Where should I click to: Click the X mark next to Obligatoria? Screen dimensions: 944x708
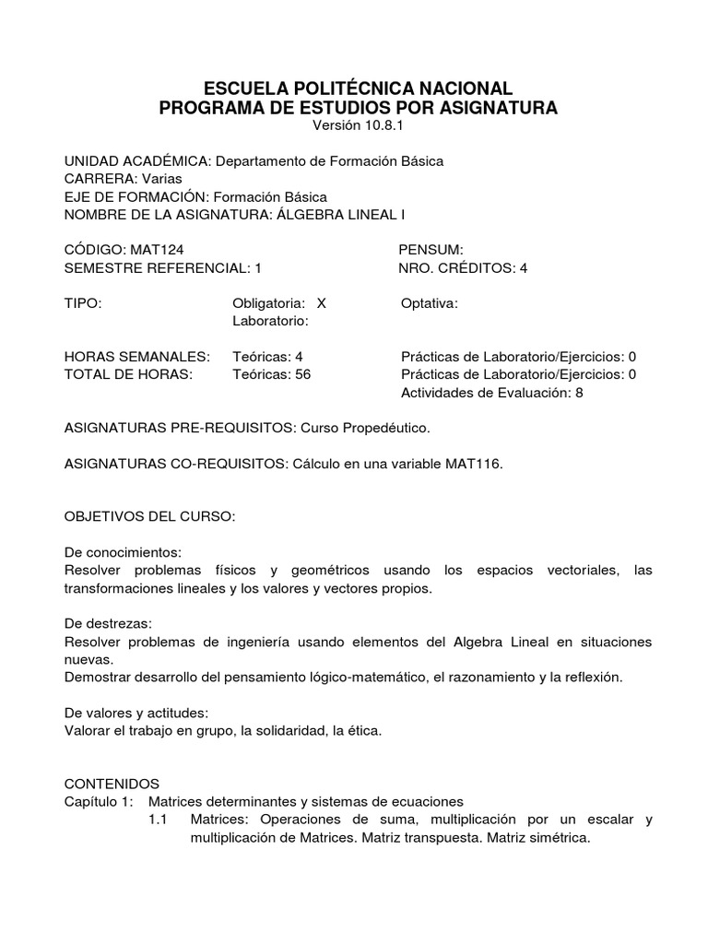click(321, 303)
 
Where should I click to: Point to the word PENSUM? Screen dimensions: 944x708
click(431, 250)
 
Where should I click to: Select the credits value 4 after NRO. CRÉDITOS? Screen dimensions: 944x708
click(524, 268)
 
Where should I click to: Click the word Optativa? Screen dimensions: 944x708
click(430, 303)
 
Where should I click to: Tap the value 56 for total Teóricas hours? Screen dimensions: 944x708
click(302, 374)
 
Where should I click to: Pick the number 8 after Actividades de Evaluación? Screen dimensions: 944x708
click(579, 393)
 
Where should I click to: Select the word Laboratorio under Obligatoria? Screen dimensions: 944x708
click(268, 322)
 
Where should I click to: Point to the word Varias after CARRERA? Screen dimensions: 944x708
click(161, 178)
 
